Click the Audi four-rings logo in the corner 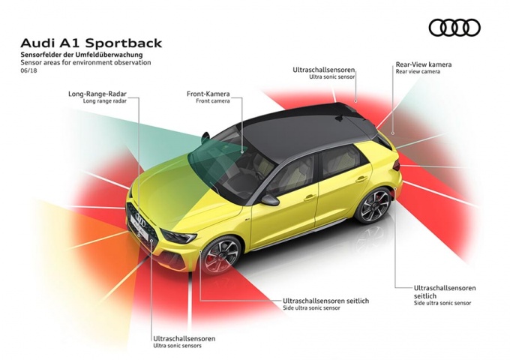point(454,28)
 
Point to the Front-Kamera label point(208,94)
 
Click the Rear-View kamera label point(423,64)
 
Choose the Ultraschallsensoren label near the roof point(323,69)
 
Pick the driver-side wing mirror point(268,199)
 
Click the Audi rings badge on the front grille point(139,218)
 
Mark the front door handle point(309,198)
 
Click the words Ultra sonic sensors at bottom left point(177,346)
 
